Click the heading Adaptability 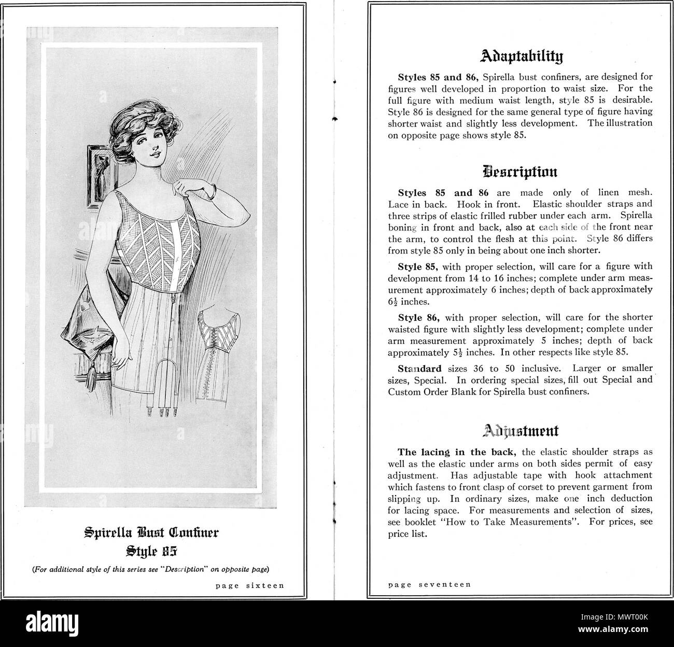[x=520, y=56]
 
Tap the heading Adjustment [x=520, y=430]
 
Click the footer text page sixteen [x=249, y=586]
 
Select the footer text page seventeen [x=429, y=584]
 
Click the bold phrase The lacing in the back [x=442, y=452]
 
